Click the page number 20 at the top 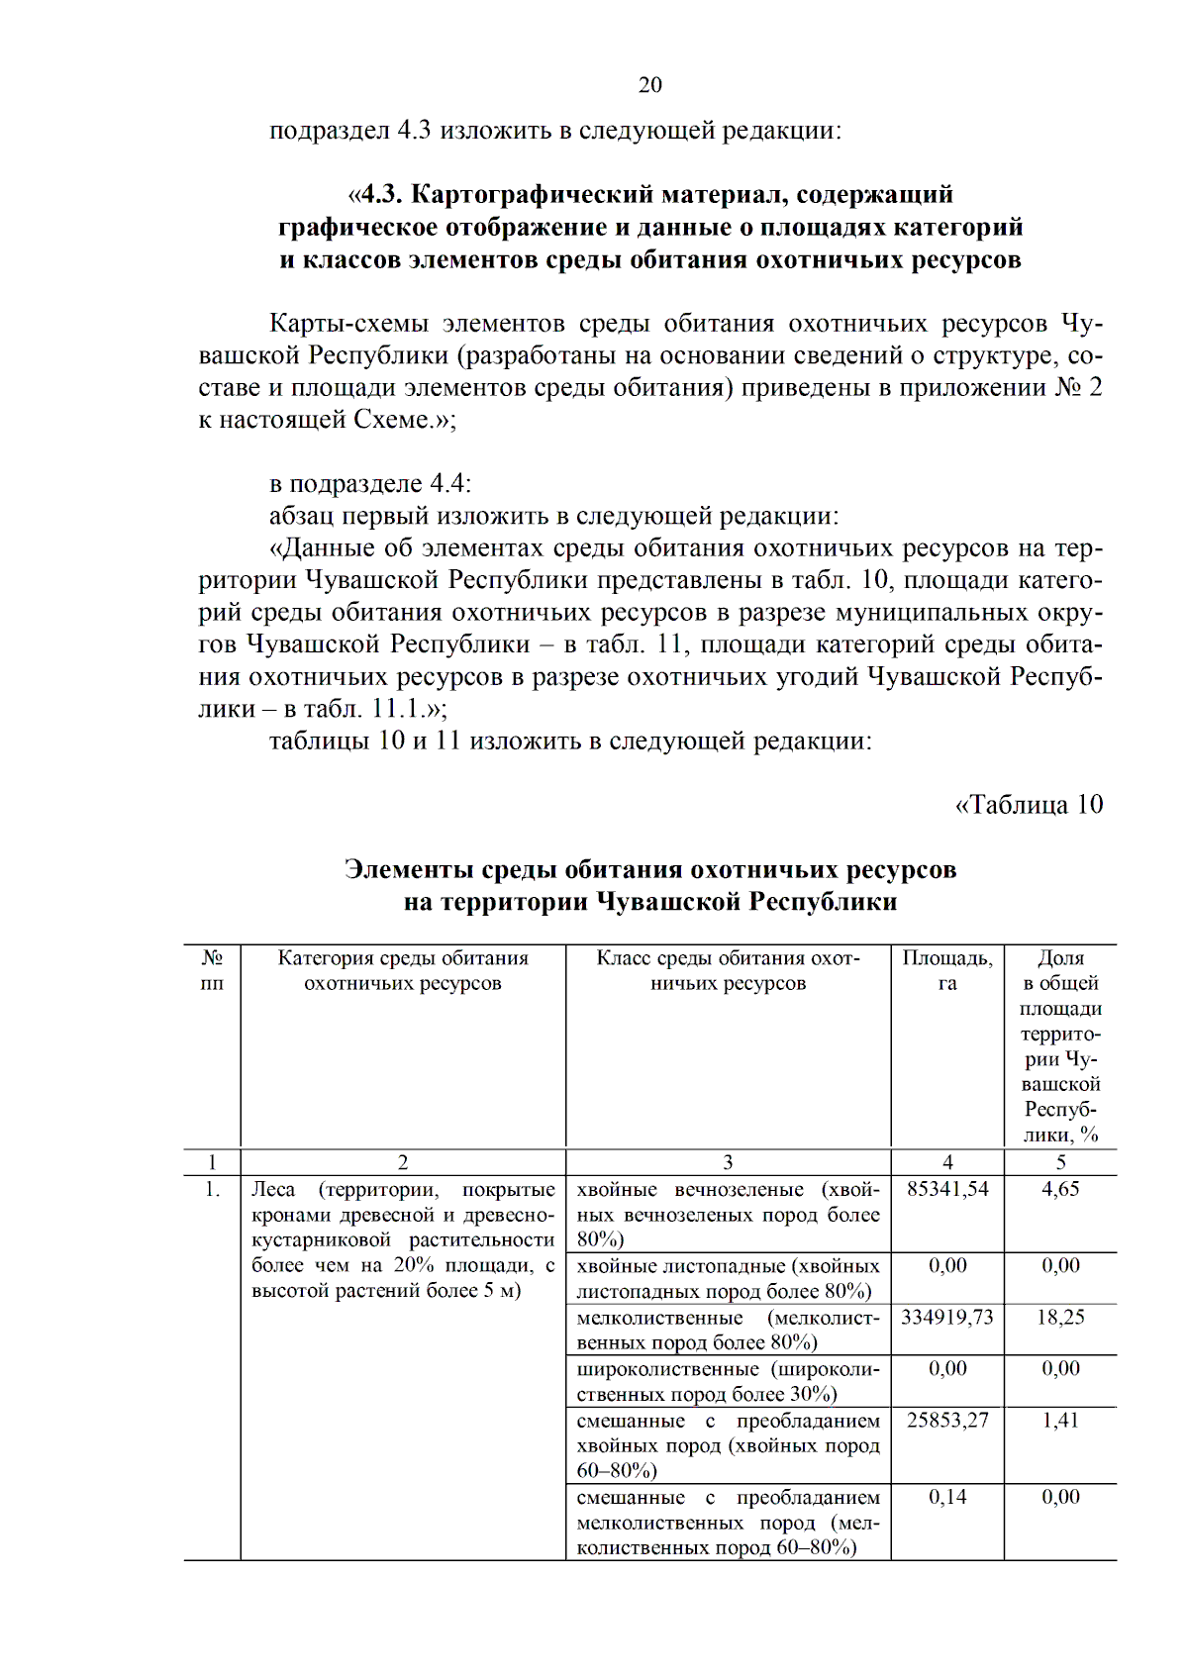tap(649, 85)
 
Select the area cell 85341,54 tap(947, 1189)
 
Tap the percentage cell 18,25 tap(1060, 1318)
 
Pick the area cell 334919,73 tap(947, 1318)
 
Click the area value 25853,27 tap(947, 1421)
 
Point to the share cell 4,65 tap(1060, 1189)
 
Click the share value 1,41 tap(1060, 1421)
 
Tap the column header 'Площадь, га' tap(947, 971)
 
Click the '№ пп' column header tap(212, 971)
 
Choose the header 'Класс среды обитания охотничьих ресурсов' tap(728, 971)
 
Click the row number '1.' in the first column tap(212, 1190)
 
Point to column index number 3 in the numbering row tap(728, 1163)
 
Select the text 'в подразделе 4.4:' tap(370, 484)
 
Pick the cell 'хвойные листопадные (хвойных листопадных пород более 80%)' tap(728, 1279)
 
